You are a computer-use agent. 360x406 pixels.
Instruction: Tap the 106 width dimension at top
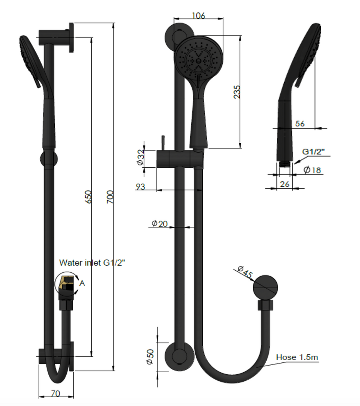pos(198,16)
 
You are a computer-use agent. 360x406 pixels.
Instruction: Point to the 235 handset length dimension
pos(237,92)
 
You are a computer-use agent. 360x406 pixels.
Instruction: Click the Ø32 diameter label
pos(140,157)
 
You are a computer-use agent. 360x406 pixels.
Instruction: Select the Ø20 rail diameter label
pos(160,224)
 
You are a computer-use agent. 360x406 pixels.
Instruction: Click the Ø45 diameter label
pos(245,273)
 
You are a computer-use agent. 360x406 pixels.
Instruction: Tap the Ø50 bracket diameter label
pos(150,357)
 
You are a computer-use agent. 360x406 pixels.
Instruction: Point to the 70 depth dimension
pos(56,394)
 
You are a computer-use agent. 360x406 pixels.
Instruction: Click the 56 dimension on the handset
pos(300,124)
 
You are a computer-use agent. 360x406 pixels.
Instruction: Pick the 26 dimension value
pos(284,184)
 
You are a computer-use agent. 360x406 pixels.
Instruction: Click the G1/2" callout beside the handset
pos(313,152)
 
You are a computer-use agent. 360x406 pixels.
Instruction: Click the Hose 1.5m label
pos(297,357)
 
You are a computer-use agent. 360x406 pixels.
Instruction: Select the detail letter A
pos(82,283)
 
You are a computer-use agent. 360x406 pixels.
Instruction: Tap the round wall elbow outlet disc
pos(265,287)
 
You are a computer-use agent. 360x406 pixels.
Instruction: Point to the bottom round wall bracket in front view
pos(179,357)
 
